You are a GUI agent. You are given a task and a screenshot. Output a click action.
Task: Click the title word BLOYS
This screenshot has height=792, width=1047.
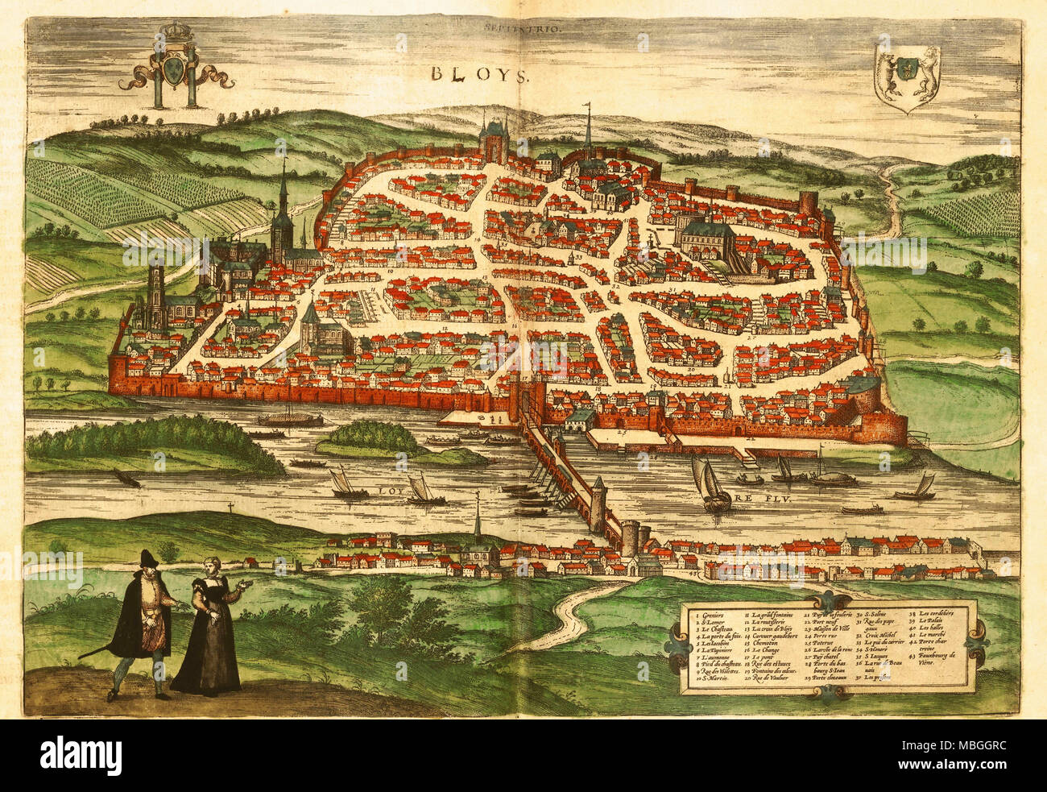478,75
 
